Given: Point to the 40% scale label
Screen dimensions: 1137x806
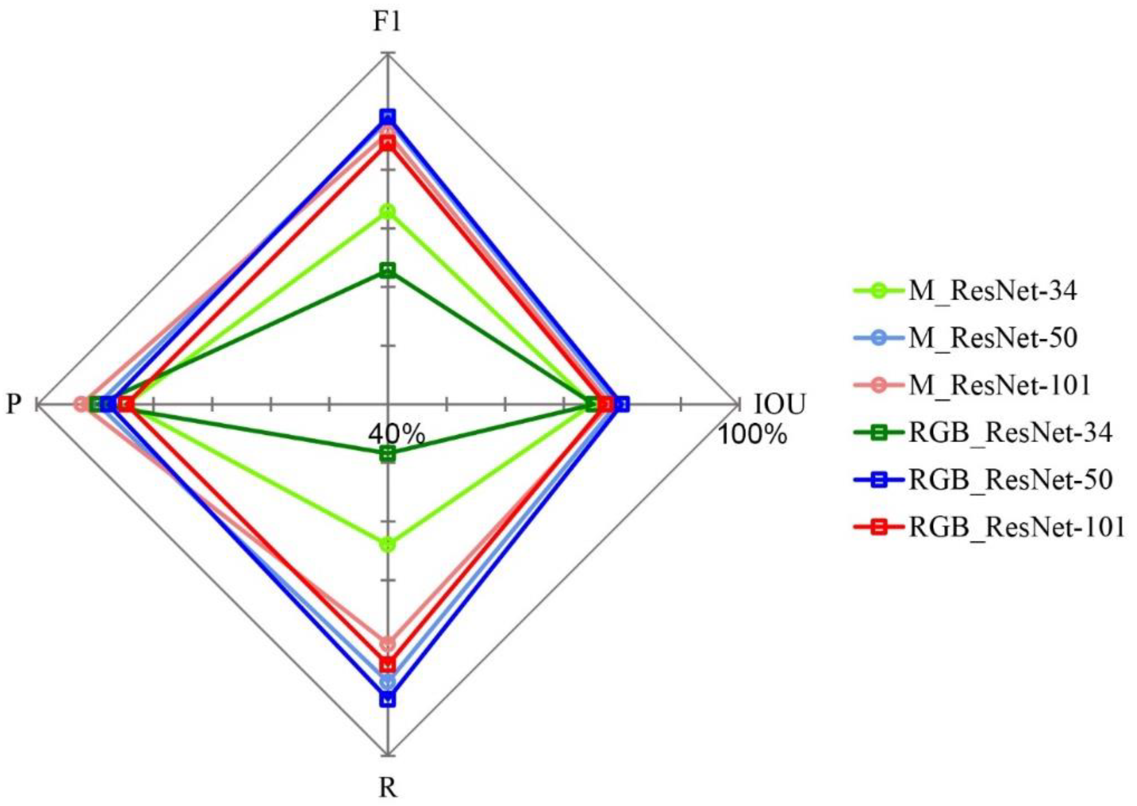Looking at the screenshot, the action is point(396,435).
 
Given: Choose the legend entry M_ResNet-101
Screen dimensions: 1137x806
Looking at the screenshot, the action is point(971,385).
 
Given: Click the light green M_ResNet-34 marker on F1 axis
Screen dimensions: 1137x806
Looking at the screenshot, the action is point(387,212).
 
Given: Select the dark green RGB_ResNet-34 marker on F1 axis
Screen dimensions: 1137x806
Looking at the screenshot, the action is point(387,271).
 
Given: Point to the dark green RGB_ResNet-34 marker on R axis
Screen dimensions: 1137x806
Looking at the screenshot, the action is point(387,454).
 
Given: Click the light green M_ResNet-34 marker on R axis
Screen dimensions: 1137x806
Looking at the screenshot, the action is point(387,544).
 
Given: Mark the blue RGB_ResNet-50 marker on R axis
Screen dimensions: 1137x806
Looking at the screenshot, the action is point(387,699).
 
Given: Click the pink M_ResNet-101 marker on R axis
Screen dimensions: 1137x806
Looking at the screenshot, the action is point(387,644).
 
